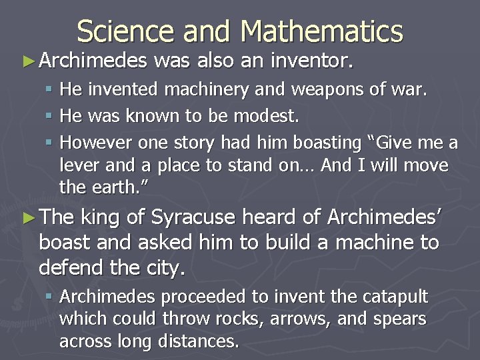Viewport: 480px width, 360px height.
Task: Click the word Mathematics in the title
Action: pos(323,31)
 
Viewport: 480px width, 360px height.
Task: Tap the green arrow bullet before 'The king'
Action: pos(27,217)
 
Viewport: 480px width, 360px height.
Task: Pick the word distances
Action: pos(199,341)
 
